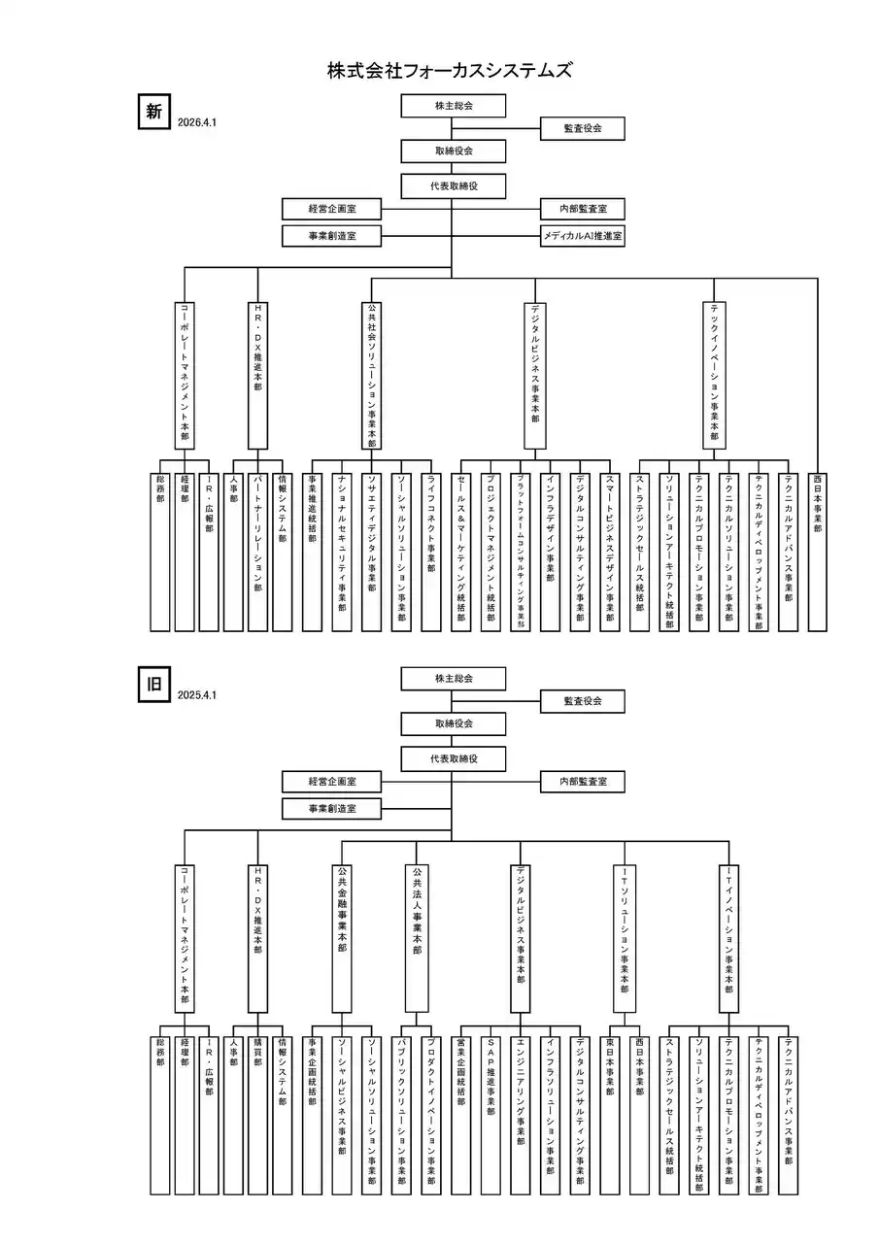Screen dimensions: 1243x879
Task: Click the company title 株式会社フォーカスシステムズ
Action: pyautogui.click(x=449, y=70)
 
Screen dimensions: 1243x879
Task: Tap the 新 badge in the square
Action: pyautogui.click(x=153, y=112)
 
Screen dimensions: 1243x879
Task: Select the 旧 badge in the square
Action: pyautogui.click(x=153, y=684)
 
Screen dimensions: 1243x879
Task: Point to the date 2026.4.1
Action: pyautogui.click(x=196, y=123)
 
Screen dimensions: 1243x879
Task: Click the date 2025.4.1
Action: pyautogui.click(x=196, y=695)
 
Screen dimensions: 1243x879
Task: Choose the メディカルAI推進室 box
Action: pyautogui.click(x=582, y=235)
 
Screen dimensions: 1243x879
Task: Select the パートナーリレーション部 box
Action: pyautogui.click(x=257, y=551)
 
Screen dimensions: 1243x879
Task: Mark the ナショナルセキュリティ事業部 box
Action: pyautogui.click(x=341, y=551)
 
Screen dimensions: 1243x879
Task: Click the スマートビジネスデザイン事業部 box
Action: pyautogui.click(x=609, y=551)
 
